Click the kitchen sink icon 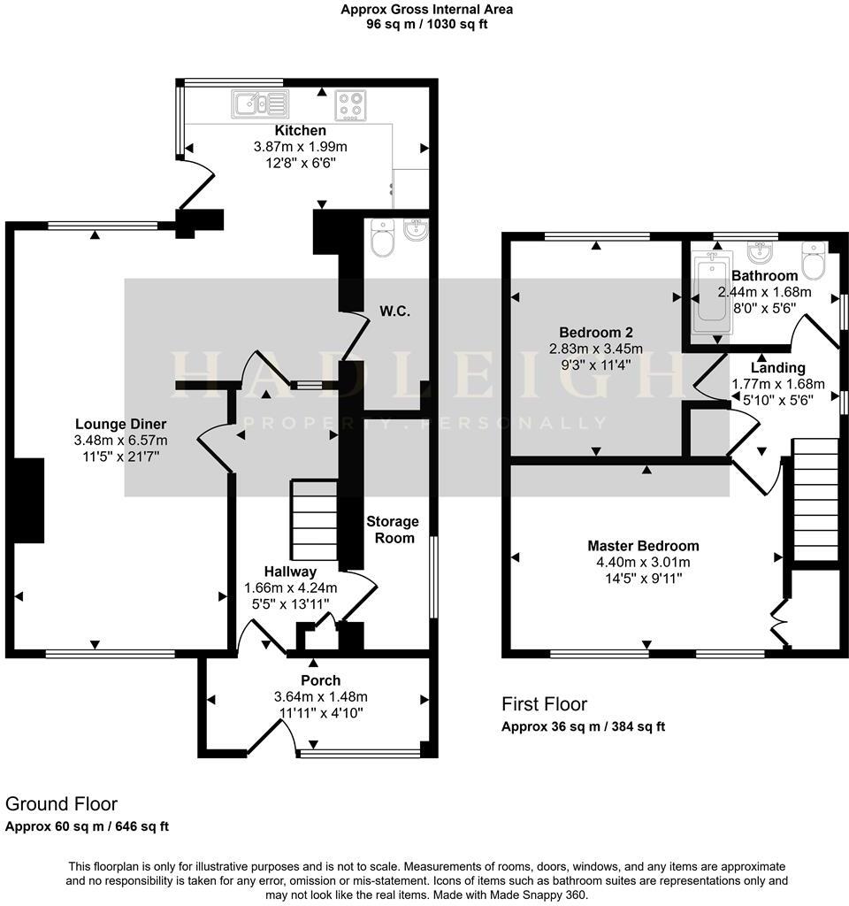coord(260,104)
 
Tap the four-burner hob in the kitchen coord(351,105)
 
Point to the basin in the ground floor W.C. coord(413,231)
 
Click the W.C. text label coord(395,311)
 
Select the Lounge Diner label coord(120,424)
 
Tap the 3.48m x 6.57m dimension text coord(120,440)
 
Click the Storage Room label coord(393,529)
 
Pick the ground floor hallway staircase coord(314,521)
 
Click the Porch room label coord(320,680)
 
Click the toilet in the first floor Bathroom coord(813,259)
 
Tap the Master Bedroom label coord(644,546)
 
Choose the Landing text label coord(777,367)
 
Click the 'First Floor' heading coord(544,704)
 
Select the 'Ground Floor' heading coord(61,804)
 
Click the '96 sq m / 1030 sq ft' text coord(427,24)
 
